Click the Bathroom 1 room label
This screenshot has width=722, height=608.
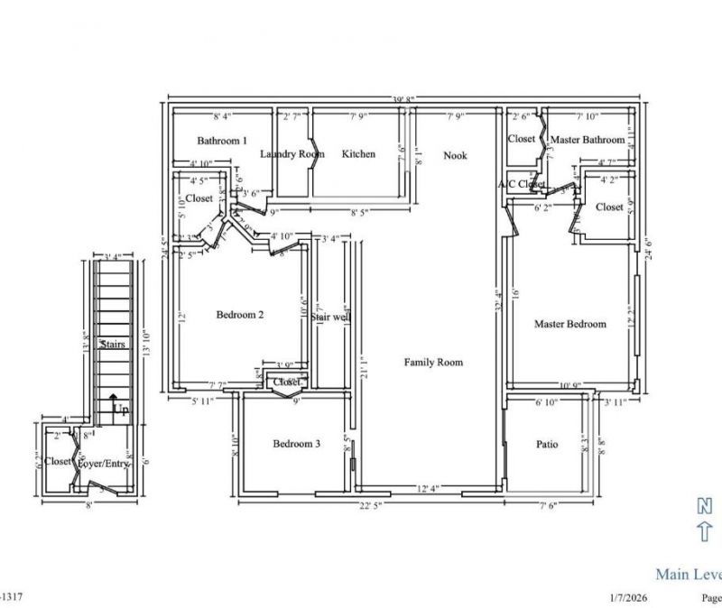[222, 141]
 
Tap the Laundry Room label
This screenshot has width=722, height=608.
[292, 154]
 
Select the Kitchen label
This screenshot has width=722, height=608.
[358, 154]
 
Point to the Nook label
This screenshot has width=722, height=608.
[455, 156]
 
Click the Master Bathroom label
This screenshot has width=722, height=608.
[588, 140]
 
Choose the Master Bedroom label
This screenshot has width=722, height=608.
[569, 324]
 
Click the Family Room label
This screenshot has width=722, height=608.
[433, 362]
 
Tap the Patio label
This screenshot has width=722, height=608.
[547, 444]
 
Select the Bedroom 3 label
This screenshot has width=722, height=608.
[296, 444]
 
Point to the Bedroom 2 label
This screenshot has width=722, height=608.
[240, 315]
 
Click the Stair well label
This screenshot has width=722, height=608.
[329, 318]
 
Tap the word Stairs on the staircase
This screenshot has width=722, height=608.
[113, 345]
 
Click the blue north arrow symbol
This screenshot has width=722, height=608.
[705, 520]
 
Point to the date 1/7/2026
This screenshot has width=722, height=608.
[630, 597]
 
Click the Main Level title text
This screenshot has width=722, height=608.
[688, 574]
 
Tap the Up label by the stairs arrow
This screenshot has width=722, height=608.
[118, 409]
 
